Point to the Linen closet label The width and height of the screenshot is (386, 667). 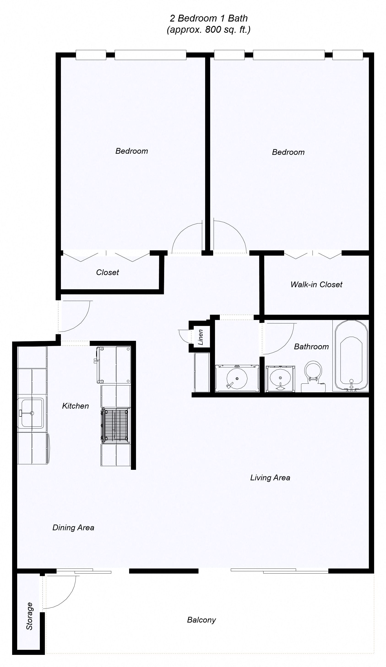[x=201, y=337]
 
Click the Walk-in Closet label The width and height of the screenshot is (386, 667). [x=316, y=284]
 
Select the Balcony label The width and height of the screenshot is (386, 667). [x=201, y=620]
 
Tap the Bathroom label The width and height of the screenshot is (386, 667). [x=311, y=347]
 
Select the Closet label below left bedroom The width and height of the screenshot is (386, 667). [x=107, y=272]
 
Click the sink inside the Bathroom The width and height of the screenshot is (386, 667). [x=280, y=378]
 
